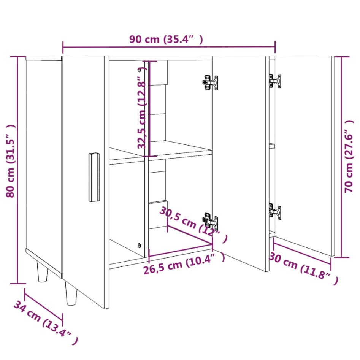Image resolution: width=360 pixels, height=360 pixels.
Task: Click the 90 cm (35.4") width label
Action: click(x=166, y=39)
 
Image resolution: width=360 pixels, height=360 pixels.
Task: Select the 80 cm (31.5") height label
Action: click(x=11, y=161)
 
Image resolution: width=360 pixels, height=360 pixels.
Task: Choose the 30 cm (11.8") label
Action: click(x=303, y=268)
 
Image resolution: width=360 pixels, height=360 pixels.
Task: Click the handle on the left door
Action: click(x=94, y=177)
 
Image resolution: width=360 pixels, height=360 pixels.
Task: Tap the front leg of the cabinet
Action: click(x=71, y=294)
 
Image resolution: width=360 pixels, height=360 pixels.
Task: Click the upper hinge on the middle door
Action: click(x=210, y=82)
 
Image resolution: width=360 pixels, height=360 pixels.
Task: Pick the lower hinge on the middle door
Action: click(x=210, y=222)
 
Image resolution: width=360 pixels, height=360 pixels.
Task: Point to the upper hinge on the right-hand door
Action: click(x=275, y=81)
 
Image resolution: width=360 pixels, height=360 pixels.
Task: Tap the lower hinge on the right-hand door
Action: click(x=275, y=211)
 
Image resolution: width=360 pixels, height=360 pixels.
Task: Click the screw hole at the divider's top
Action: click(x=140, y=70)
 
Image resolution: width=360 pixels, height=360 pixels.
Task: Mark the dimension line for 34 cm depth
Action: click(x=43, y=304)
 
